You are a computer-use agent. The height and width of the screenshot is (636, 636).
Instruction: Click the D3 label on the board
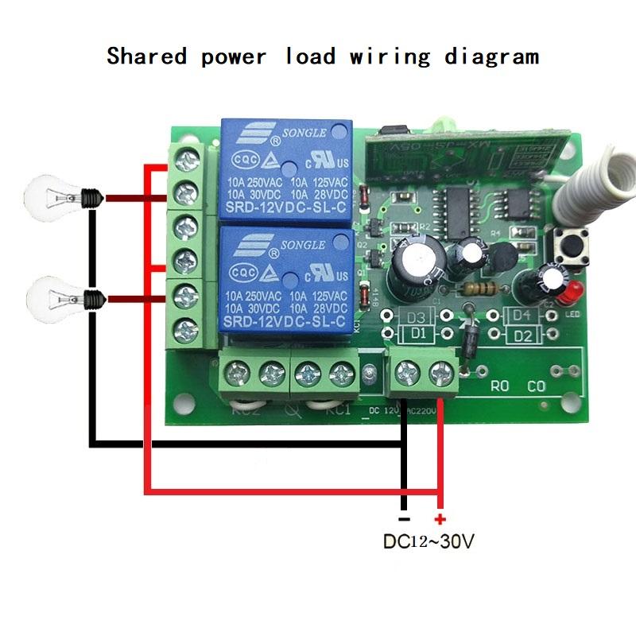(x=416, y=316)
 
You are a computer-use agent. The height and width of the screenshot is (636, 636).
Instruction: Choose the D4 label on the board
(x=521, y=316)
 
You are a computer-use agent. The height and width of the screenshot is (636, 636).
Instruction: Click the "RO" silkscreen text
(x=499, y=388)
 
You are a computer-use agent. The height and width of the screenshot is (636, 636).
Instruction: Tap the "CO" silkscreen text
(x=537, y=388)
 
